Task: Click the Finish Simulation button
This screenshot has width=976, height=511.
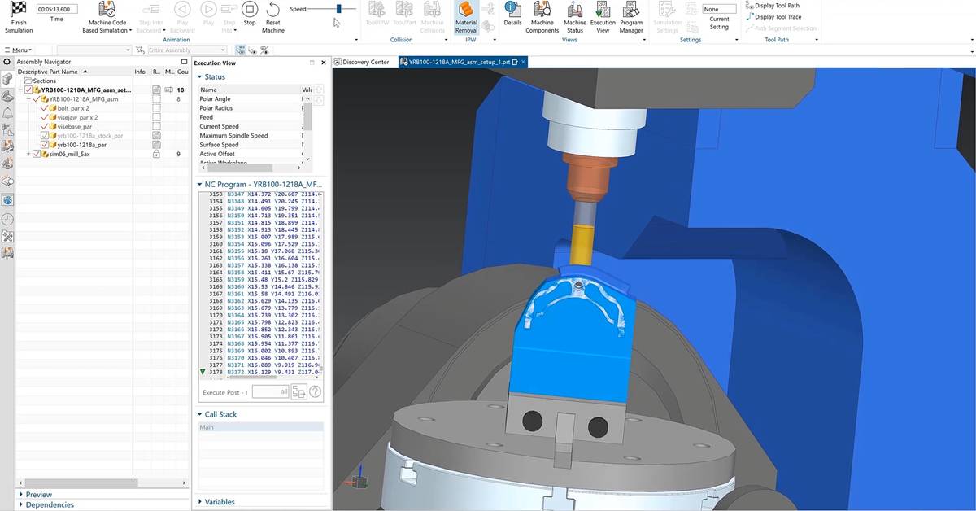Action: tap(19, 16)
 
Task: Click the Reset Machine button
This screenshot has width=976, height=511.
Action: tap(272, 16)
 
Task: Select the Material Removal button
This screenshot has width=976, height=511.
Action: tap(466, 16)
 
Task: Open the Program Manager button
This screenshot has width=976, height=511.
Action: tap(631, 16)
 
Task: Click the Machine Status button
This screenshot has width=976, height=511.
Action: tap(575, 16)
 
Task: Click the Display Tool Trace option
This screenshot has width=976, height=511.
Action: tap(777, 17)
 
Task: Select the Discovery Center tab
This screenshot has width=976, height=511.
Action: tap(365, 62)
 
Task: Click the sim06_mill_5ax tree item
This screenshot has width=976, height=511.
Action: tap(68, 154)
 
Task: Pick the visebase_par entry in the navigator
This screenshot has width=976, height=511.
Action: tap(75, 126)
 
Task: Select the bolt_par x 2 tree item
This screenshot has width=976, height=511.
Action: tap(73, 108)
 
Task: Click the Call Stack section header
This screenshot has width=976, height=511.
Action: tap(220, 414)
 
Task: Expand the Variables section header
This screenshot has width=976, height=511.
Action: tap(220, 502)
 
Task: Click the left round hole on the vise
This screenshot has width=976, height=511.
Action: tap(532, 421)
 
